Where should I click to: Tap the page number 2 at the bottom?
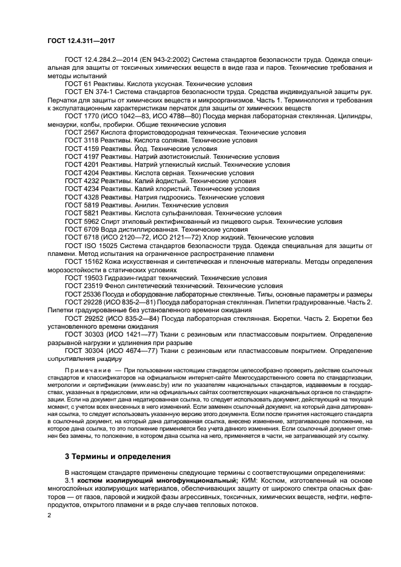[x=49, y=515]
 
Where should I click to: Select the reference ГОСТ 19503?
[x=84, y=278]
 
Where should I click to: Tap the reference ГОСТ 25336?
[x=84, y=294]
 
